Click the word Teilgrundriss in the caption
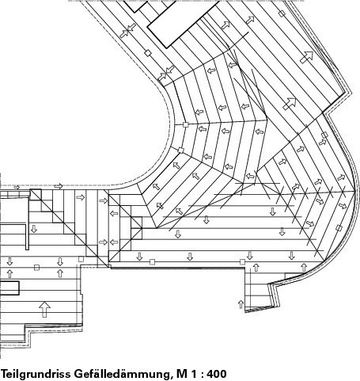[36, 374]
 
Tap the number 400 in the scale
[217, 374]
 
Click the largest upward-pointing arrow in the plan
[45, 310]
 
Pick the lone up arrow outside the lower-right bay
[241, 304]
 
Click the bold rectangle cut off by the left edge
[9, 288]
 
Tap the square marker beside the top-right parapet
[282, 13]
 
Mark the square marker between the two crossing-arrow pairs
[148, 53]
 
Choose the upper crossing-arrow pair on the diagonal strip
[127, 31]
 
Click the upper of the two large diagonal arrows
[306, 57]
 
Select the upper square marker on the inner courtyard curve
[186, 124]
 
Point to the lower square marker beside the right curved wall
[339, 228]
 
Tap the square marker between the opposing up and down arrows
[37, 268]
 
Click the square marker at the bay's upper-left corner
[242, 261]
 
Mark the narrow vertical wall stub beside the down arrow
[27, 237]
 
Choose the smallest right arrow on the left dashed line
[17, 187]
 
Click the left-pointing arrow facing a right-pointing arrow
[114, 242]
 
